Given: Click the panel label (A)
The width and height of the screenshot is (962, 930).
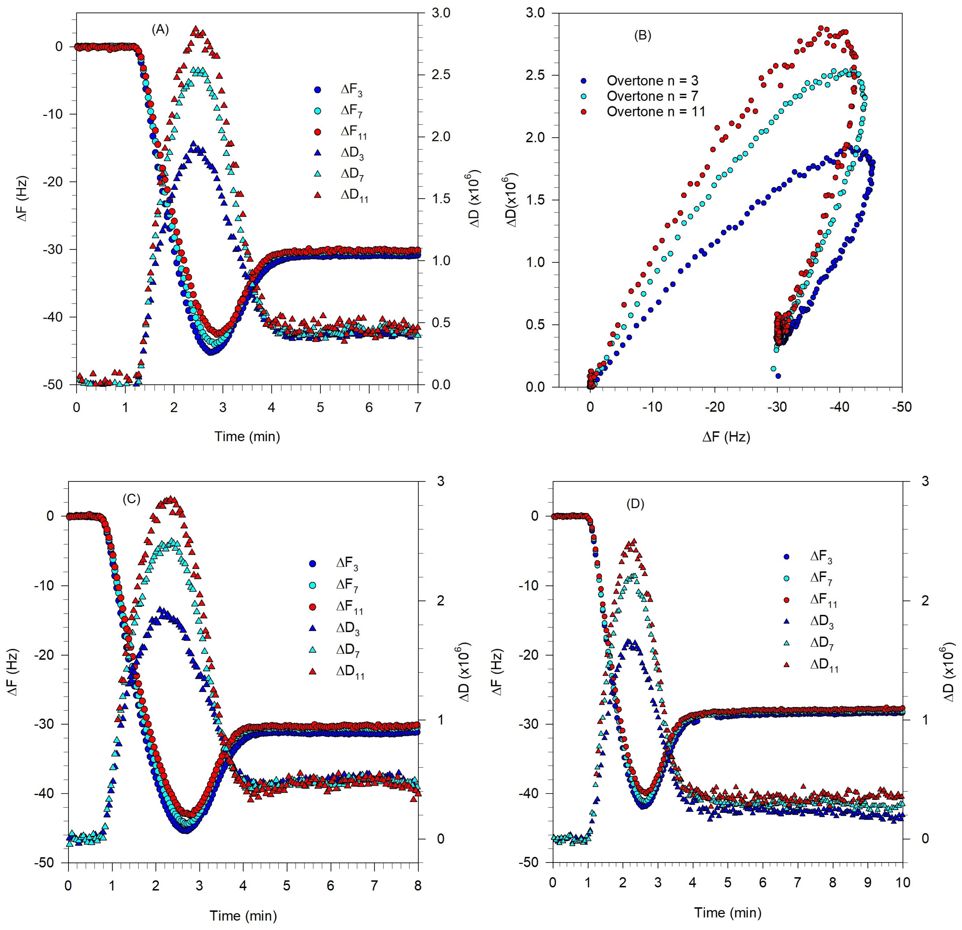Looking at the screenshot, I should point(160,29).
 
